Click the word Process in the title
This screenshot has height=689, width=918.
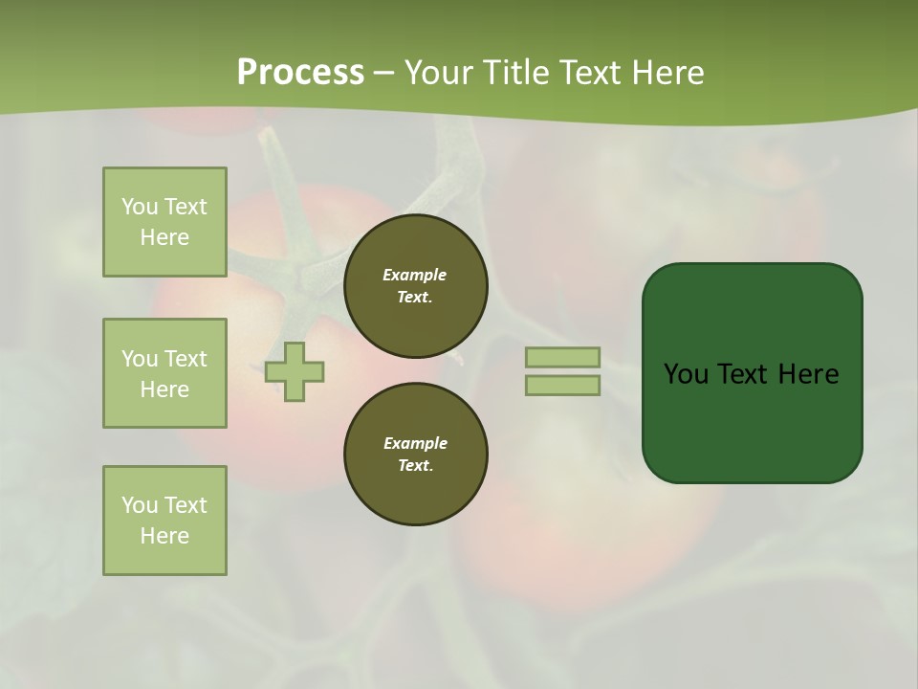pyautogui.click(x=300, y=73)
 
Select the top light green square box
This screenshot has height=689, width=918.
pyautogui.click(x=164, y=222)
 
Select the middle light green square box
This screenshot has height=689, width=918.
pyautogui.click(x=164, y=373)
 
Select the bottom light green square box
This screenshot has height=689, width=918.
pyautogui.click(x=164, y=521)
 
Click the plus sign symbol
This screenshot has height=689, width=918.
pyautogui.click(x=295, y=371)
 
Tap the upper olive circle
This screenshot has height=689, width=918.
pyautogui.click(x=415, y=286)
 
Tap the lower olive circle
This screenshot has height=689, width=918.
pyautogui.click(x=415, y=455)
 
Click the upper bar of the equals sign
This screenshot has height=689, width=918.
pyautogui.click(x=563, y=358)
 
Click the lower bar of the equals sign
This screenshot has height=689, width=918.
pyautogui.click(x=563, y=385)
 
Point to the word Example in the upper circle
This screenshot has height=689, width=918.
pyautogui.click(x=414, y=275)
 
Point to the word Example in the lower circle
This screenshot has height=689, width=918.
pyautogui.click(x=415, y=443)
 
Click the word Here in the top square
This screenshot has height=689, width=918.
pyautogui.click(x=164, y=237)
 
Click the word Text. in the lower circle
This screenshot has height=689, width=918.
pyautogui.click(x=415, y=466)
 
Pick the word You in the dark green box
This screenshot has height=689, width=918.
pyautogui.click(x=686, y=374)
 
